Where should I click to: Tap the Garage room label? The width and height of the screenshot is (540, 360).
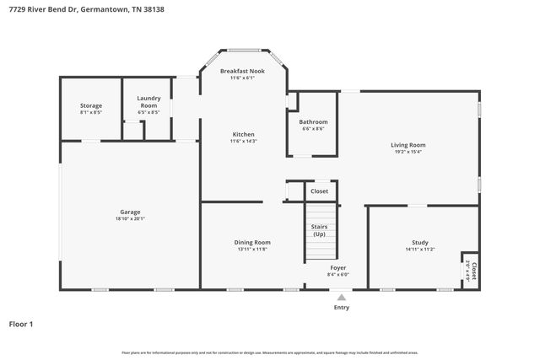(130, 212)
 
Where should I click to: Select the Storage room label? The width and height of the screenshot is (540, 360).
(91, 105)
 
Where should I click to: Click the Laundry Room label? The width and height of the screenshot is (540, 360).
(148, 101)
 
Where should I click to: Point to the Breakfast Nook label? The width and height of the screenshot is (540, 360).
(242, 71)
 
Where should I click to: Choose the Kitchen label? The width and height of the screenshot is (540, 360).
(243, 134)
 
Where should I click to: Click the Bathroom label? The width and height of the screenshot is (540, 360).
(313, 121)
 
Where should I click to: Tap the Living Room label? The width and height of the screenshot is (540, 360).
(408, 145)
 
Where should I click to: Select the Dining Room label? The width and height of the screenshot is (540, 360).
(252, 242)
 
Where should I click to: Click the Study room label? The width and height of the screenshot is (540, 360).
(420, 242)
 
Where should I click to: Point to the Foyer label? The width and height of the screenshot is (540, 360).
(337, 267)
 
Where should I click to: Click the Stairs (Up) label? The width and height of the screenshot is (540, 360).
(320, 230)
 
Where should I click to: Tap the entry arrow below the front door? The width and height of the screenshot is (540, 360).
(341, 297)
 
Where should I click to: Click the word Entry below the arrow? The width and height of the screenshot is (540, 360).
(341, 307)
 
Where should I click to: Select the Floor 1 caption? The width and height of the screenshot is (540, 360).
(22, 323)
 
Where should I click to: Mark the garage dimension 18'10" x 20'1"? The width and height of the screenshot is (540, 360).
(130, 219)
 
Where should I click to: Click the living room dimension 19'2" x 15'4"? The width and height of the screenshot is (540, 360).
(408, 153)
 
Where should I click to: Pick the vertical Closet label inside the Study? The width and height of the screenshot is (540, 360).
(473, 271)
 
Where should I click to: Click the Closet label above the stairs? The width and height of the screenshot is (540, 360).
(320, 191)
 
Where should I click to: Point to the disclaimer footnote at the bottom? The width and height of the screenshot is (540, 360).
(270, 352)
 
